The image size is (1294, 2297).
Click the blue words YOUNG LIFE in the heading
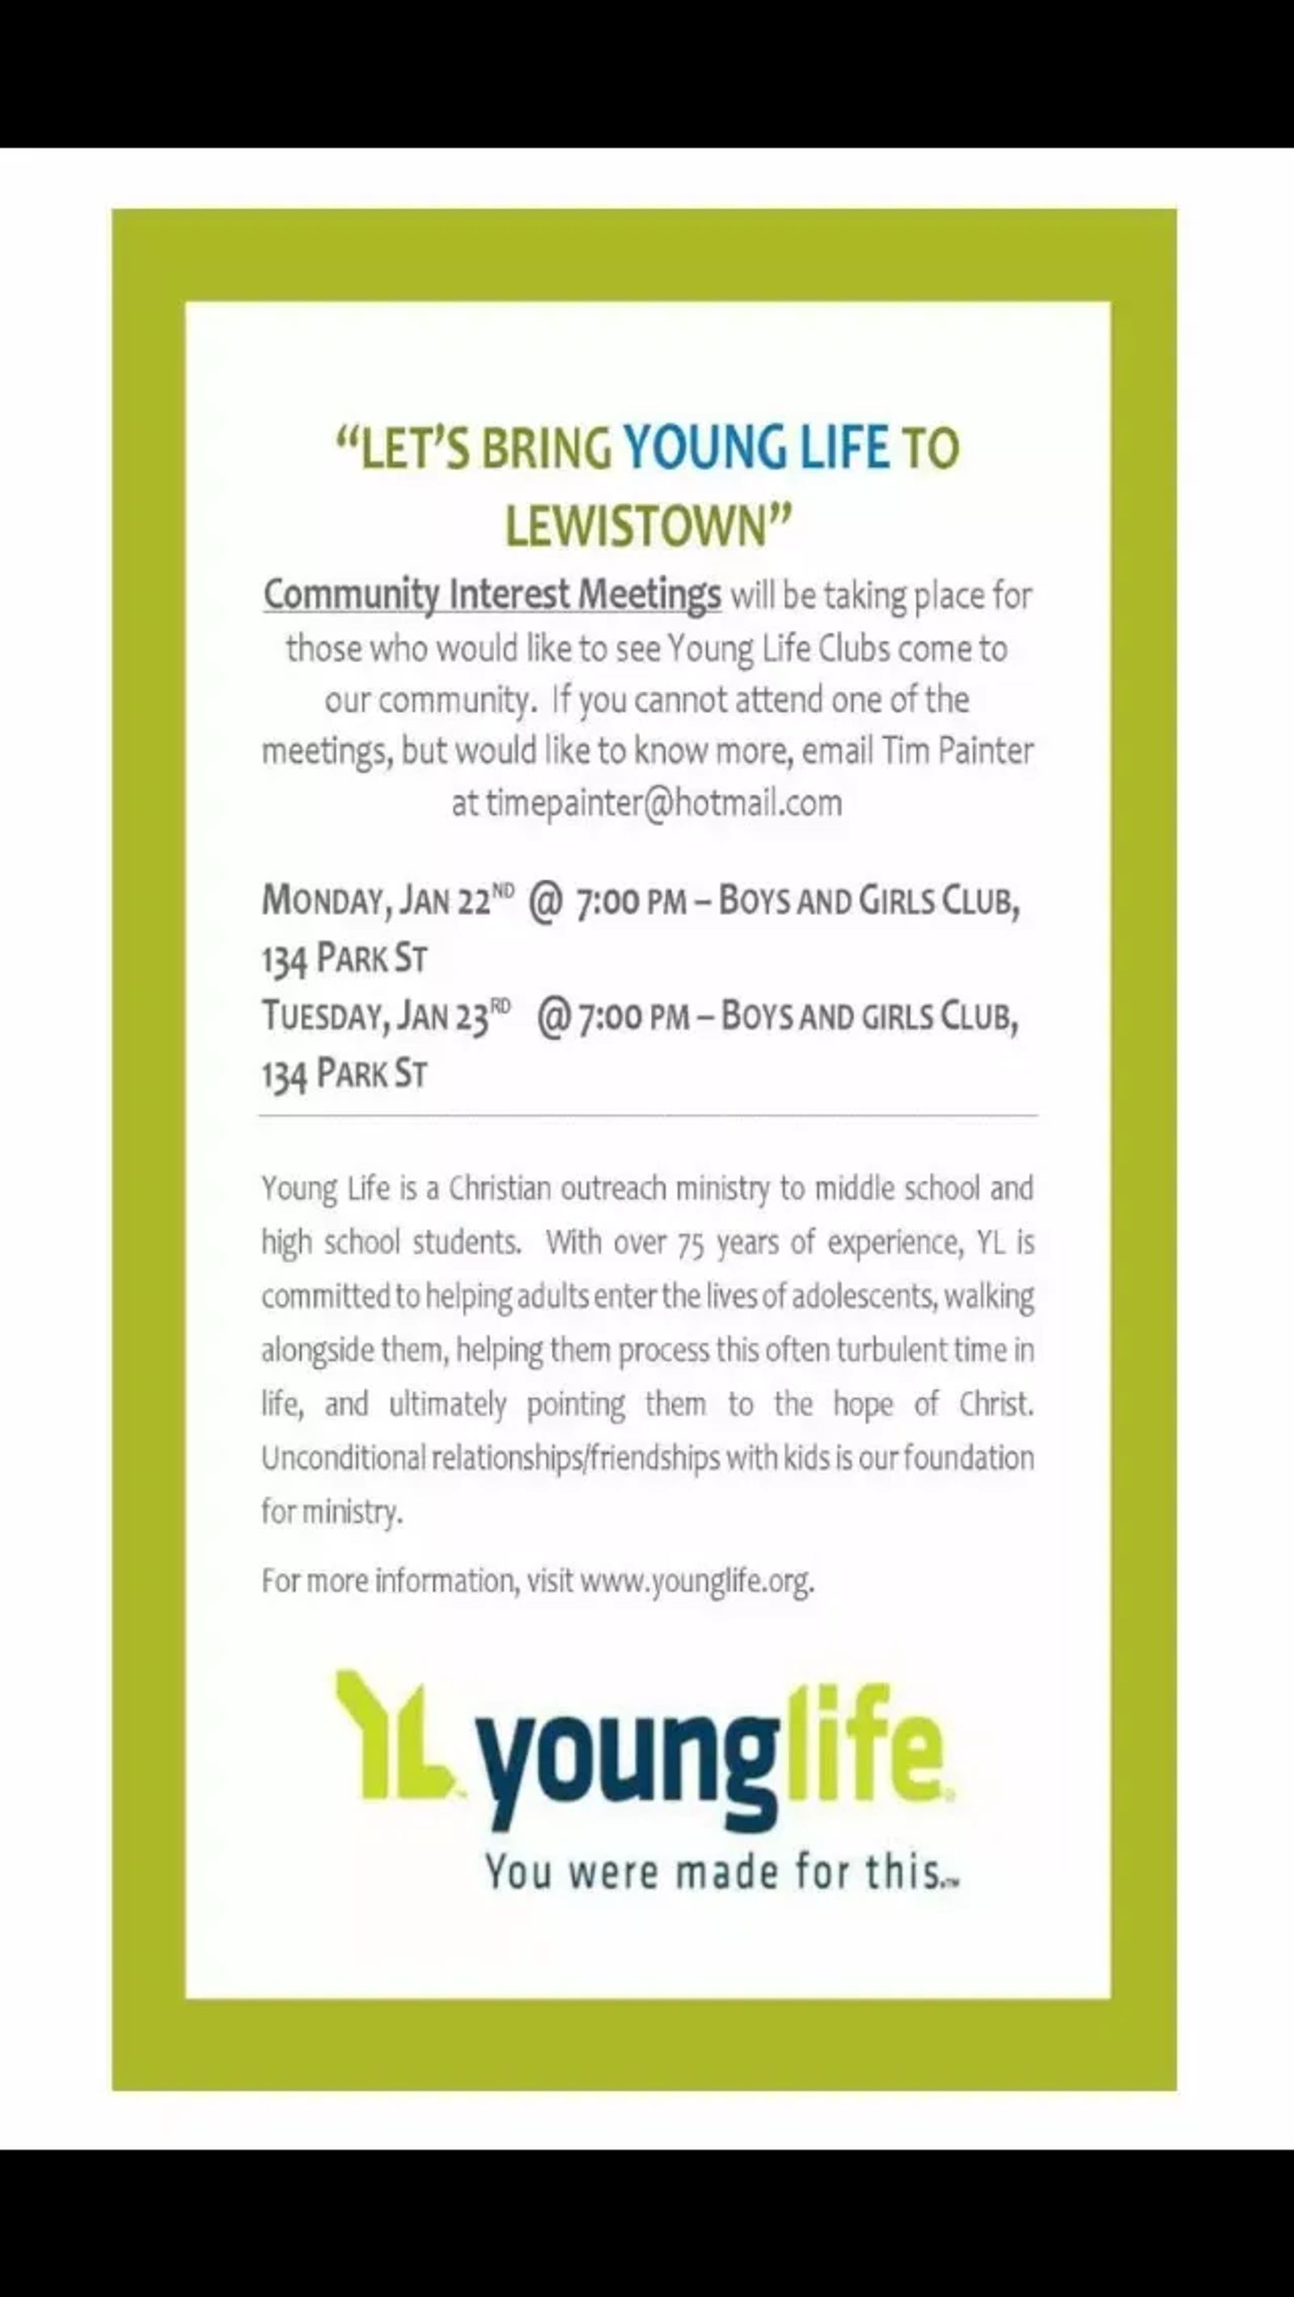756,447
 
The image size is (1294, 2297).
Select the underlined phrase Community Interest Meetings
493,594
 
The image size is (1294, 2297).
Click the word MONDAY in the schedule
323,902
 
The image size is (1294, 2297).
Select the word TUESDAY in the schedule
323,1016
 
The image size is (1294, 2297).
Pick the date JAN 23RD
455,1016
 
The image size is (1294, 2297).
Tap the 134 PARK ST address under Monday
345,959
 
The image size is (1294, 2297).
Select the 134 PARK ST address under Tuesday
345,1073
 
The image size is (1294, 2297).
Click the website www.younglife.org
696,1581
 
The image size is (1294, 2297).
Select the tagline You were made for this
719,1871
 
